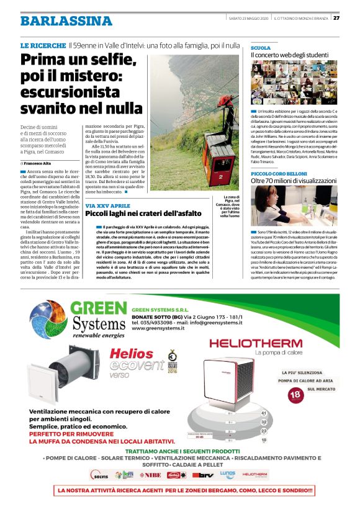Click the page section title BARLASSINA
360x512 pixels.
point(66,20)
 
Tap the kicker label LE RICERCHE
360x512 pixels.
point(43,45)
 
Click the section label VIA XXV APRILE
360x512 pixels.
point(107,205)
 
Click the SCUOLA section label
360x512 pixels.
point(260,48)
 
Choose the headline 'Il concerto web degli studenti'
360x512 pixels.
point(289,55)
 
